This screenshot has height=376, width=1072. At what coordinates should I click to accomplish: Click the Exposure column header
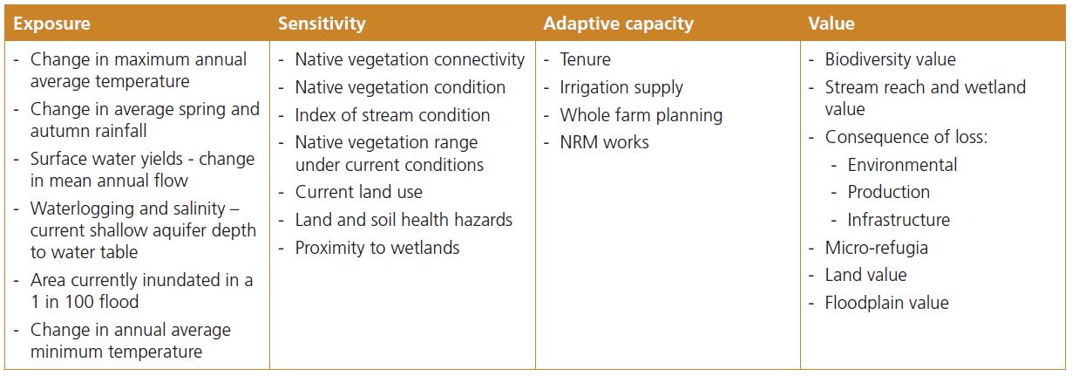51,24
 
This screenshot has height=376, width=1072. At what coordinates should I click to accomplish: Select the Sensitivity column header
322,24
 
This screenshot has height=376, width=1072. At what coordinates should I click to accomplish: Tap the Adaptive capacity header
618,24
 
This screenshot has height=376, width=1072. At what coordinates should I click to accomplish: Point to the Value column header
831,24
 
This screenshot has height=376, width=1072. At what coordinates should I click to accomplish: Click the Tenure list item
586,59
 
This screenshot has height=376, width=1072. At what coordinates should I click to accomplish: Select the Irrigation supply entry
621,87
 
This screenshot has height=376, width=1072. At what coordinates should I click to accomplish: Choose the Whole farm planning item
641,115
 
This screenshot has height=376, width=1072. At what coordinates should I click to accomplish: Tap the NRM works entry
605,142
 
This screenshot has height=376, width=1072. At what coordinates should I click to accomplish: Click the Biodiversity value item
890,59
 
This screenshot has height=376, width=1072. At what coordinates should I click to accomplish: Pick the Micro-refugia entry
876,248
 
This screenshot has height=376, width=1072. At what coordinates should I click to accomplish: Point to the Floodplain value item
886,303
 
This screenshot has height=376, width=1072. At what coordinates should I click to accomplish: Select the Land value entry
865,275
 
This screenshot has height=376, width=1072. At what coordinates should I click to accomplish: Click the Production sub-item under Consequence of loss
889,192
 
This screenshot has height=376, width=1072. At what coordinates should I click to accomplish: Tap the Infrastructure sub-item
899,220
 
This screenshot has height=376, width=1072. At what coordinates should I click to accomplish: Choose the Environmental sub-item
902,165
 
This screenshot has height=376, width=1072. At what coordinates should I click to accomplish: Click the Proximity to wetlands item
377,248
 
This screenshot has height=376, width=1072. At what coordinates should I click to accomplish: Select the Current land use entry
359,192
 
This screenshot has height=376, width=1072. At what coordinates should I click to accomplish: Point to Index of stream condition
392,115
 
